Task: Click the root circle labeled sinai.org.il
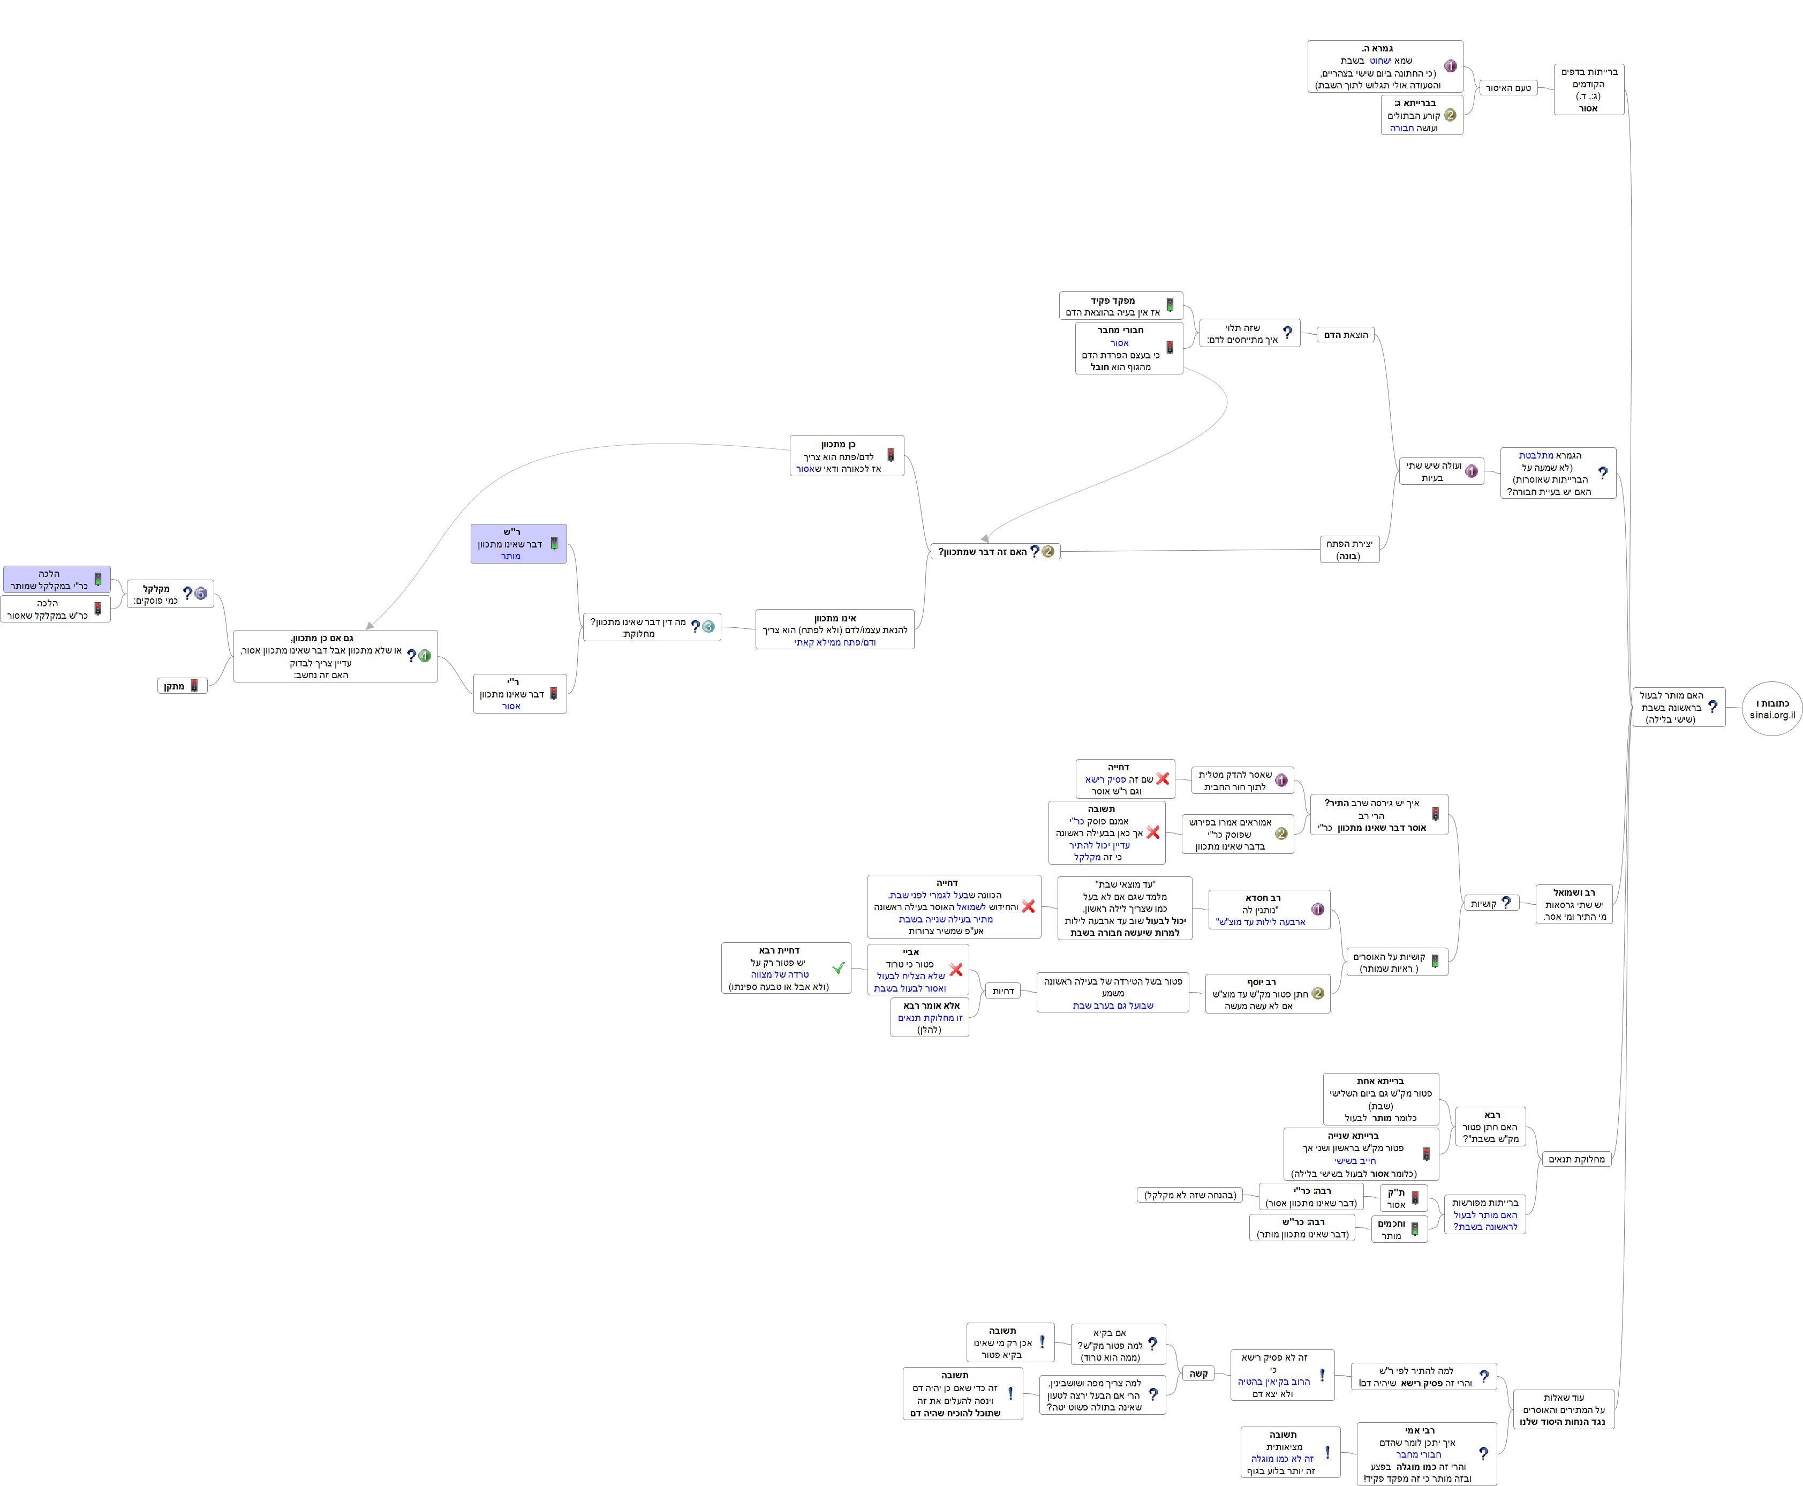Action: (1771, 709)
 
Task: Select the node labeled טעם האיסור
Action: (1508, 88)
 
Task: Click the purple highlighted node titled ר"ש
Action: (518, 544)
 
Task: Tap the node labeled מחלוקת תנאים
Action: (1576, 1159)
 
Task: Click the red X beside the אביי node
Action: (956, 970)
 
